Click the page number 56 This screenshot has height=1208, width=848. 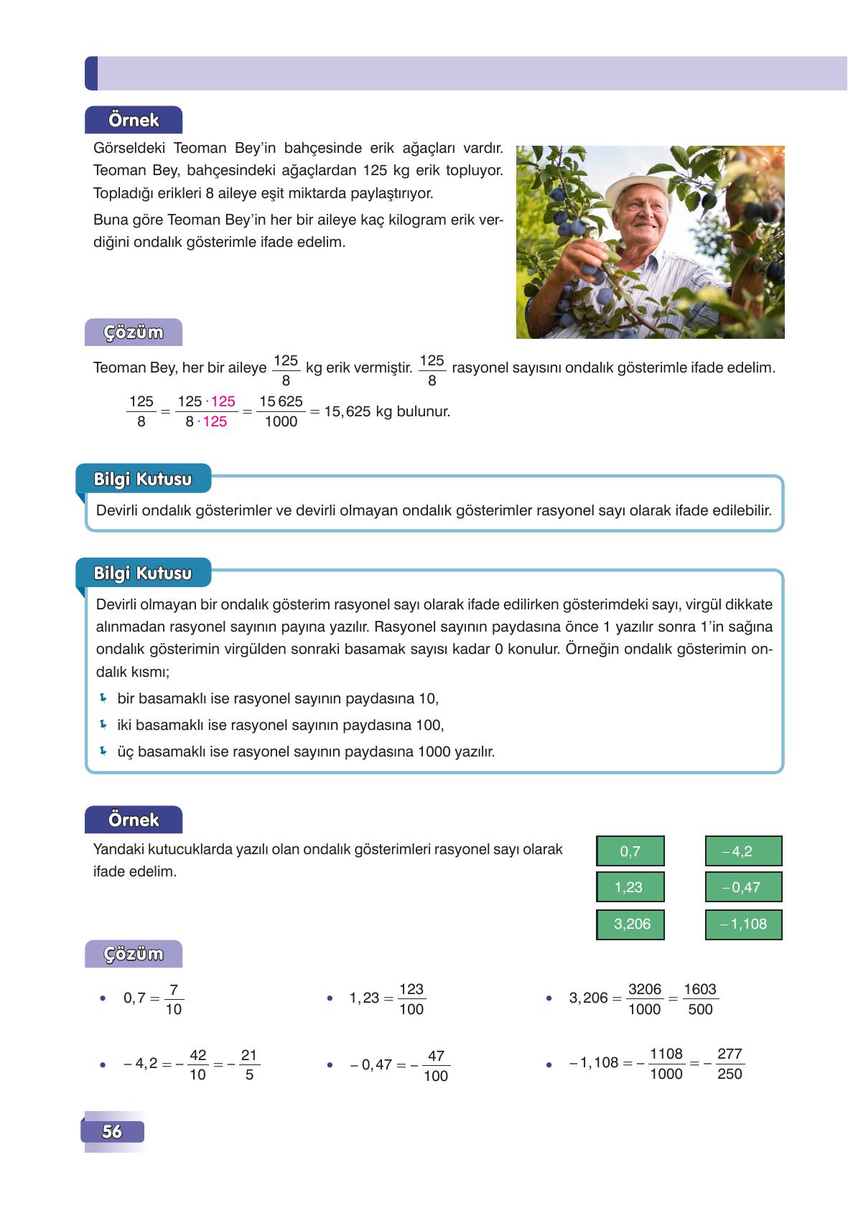tap(112, 1132)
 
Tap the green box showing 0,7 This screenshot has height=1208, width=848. tap(630, 851)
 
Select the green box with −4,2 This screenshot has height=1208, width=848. tap(742, 851)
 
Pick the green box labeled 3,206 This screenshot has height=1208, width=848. tap(630, 924)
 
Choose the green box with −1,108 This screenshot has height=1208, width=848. tap(742, 924)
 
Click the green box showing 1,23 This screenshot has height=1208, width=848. tap(630, 887)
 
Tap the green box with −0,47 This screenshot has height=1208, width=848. tap(742, 887)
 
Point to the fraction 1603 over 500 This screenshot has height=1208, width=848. tap(699, 999)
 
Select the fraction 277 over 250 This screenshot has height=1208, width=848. tap(730, 1064)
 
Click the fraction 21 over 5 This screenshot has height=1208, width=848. tap(248, 1065)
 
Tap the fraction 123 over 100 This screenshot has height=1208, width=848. tap(411, 999)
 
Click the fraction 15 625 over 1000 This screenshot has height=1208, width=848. tap(281, 412)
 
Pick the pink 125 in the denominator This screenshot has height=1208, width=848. tap(215, 422)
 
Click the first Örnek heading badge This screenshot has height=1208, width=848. tap(134, 120)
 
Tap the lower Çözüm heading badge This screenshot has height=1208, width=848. tap(134, 954)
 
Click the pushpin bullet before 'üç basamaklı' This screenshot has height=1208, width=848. tap(103, 752)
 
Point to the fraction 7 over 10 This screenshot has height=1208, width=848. tap(174, 999)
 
